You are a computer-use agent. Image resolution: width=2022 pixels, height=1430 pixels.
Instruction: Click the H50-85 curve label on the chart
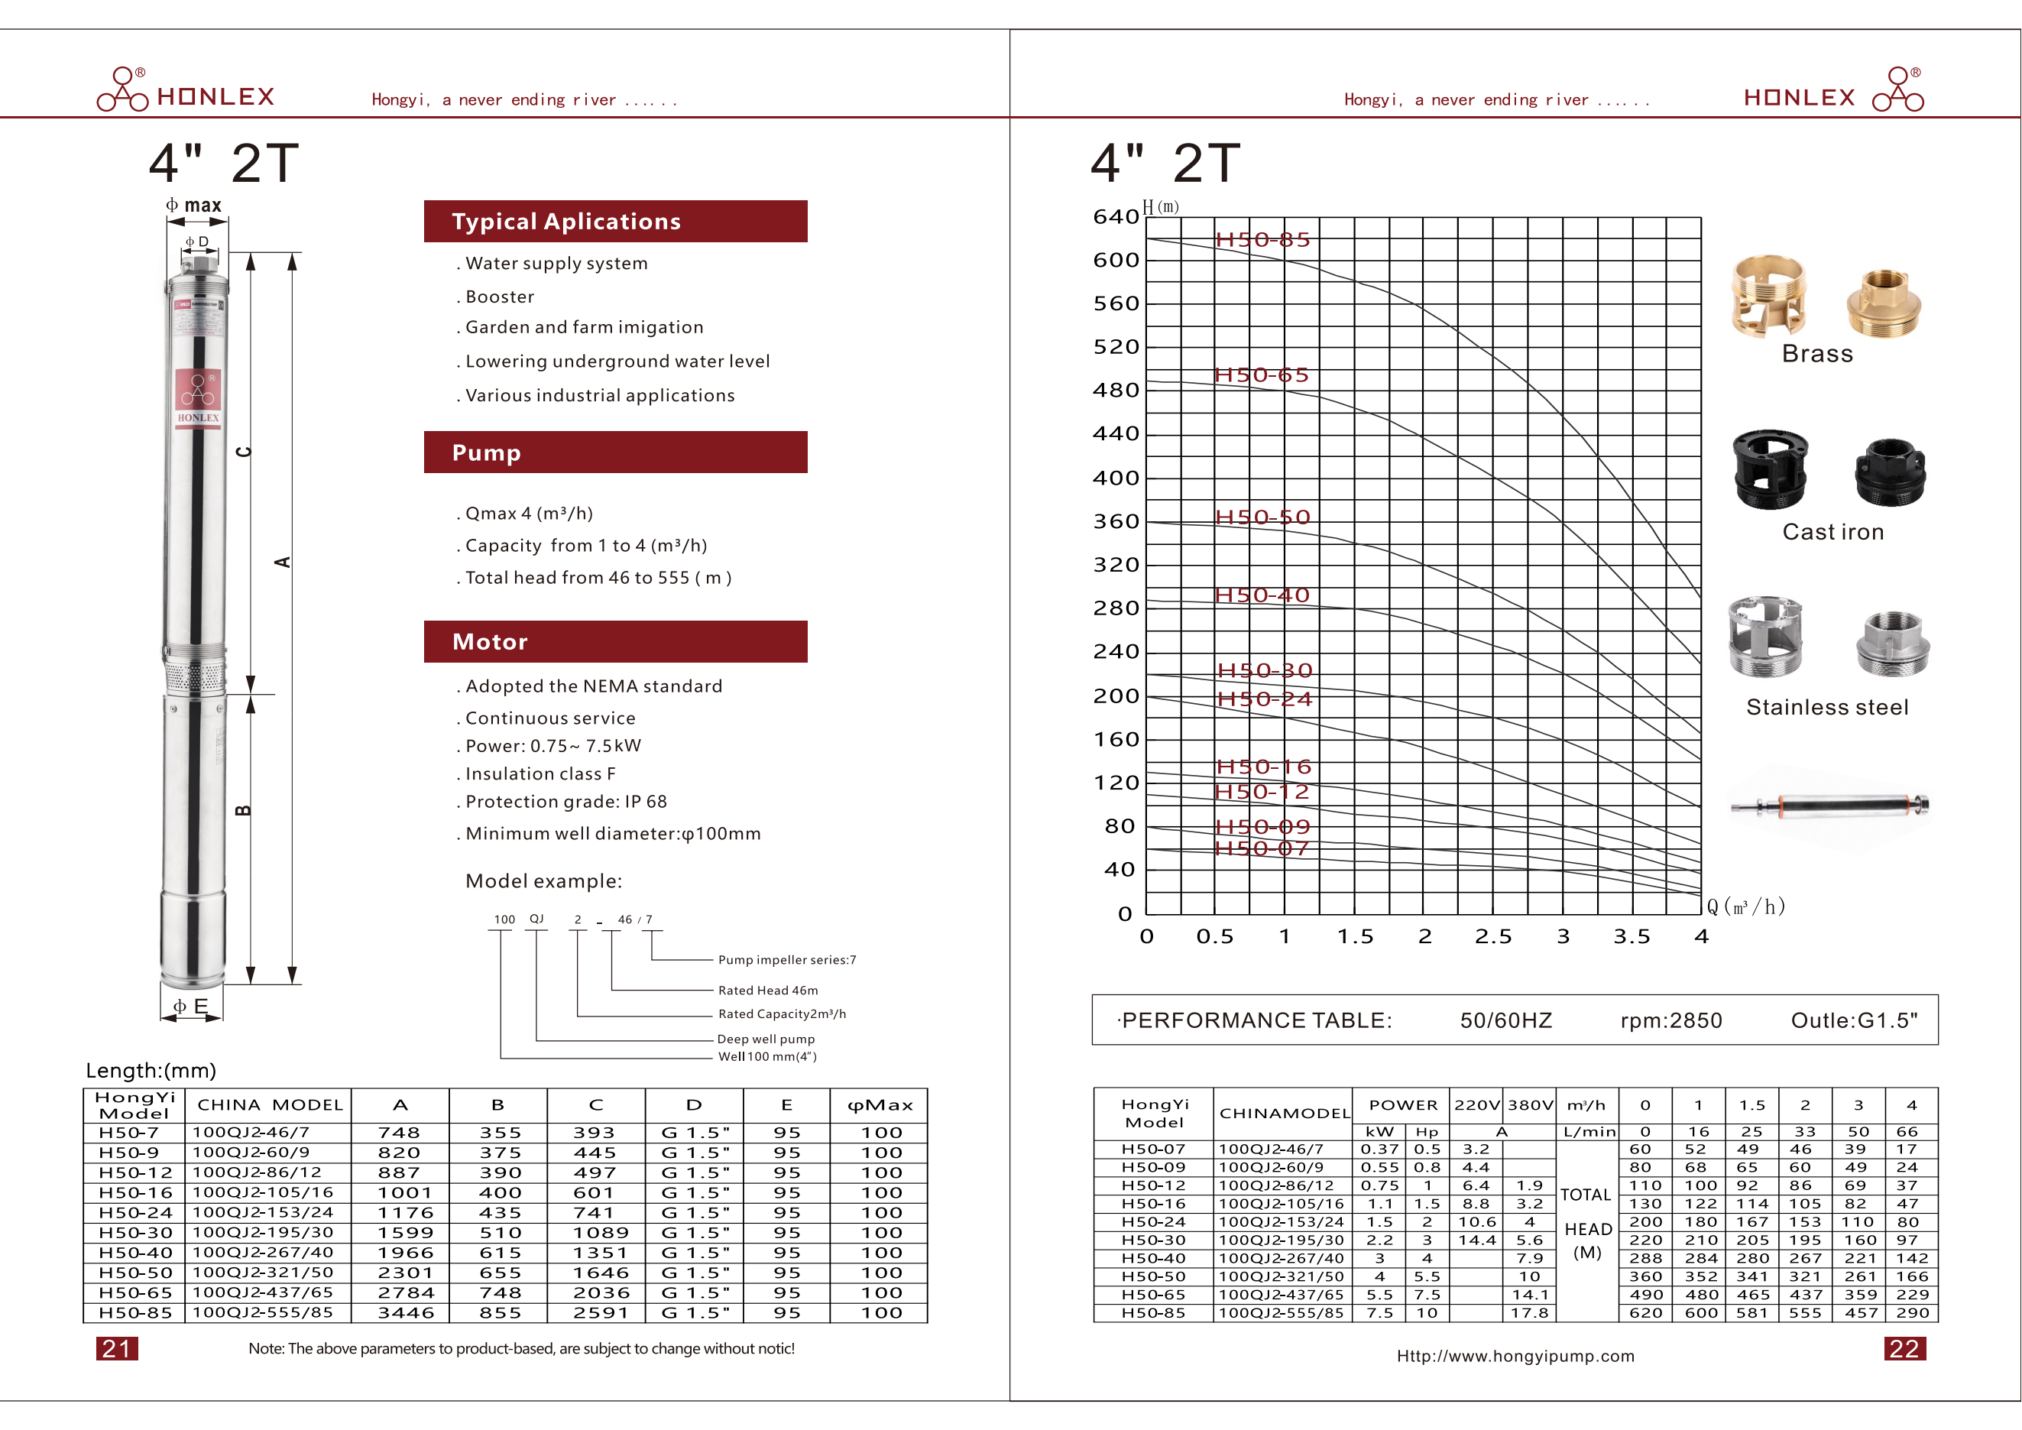1262,239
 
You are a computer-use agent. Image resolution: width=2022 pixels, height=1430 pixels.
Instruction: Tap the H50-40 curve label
1262,595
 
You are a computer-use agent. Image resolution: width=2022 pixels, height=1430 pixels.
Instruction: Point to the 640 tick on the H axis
1116,216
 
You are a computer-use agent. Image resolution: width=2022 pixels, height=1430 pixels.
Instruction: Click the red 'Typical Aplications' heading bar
614,221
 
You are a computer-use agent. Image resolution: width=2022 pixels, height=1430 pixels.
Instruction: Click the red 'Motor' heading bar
614,642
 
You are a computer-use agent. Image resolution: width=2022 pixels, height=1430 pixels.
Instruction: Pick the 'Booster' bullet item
499,297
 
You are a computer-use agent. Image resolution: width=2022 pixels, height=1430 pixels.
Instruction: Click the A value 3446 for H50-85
405,1313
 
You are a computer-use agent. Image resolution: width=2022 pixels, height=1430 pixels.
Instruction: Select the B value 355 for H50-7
499,1133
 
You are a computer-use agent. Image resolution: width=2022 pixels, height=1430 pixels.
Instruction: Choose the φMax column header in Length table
880,1105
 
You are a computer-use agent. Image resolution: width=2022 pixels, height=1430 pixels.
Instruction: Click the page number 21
116,1348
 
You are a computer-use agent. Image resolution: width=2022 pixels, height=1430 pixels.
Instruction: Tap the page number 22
1904,1348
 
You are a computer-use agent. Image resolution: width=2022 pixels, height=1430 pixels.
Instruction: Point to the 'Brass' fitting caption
1816,354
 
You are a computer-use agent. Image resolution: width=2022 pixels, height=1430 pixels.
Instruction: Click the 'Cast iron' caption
1832,532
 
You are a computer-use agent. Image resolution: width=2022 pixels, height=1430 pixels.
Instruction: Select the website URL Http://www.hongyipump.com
1515,1356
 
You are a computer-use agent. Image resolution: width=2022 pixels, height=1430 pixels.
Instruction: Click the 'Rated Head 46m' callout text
767,991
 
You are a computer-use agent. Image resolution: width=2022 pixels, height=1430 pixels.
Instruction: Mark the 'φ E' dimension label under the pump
190,1006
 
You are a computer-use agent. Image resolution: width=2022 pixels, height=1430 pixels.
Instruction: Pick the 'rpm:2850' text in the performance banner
1670,1020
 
